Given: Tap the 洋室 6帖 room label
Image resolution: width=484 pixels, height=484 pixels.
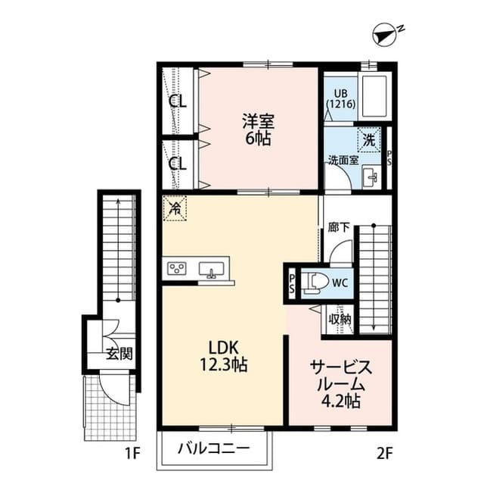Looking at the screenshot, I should click(258, 129).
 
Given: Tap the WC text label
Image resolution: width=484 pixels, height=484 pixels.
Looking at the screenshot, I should click(340, 283).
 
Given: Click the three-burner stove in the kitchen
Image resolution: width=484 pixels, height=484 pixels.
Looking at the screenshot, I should click(178, 269).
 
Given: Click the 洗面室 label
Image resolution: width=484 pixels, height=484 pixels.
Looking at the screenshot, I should click(343, 160).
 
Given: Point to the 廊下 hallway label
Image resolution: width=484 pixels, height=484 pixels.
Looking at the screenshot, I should click(338, 226).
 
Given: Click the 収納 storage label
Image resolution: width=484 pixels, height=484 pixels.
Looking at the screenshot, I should click(340, 319).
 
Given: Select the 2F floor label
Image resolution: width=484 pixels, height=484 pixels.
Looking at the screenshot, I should click(386, 454).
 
